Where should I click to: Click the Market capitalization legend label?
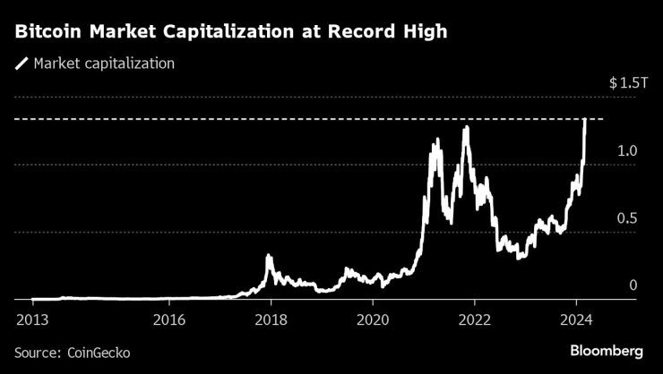103,64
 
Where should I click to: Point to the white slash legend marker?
22,64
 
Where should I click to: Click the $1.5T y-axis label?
625,83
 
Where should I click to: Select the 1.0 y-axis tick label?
627,151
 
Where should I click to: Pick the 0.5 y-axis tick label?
627,218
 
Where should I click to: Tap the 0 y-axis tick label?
633,285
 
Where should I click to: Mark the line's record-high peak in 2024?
585,119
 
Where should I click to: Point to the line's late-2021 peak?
466,128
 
